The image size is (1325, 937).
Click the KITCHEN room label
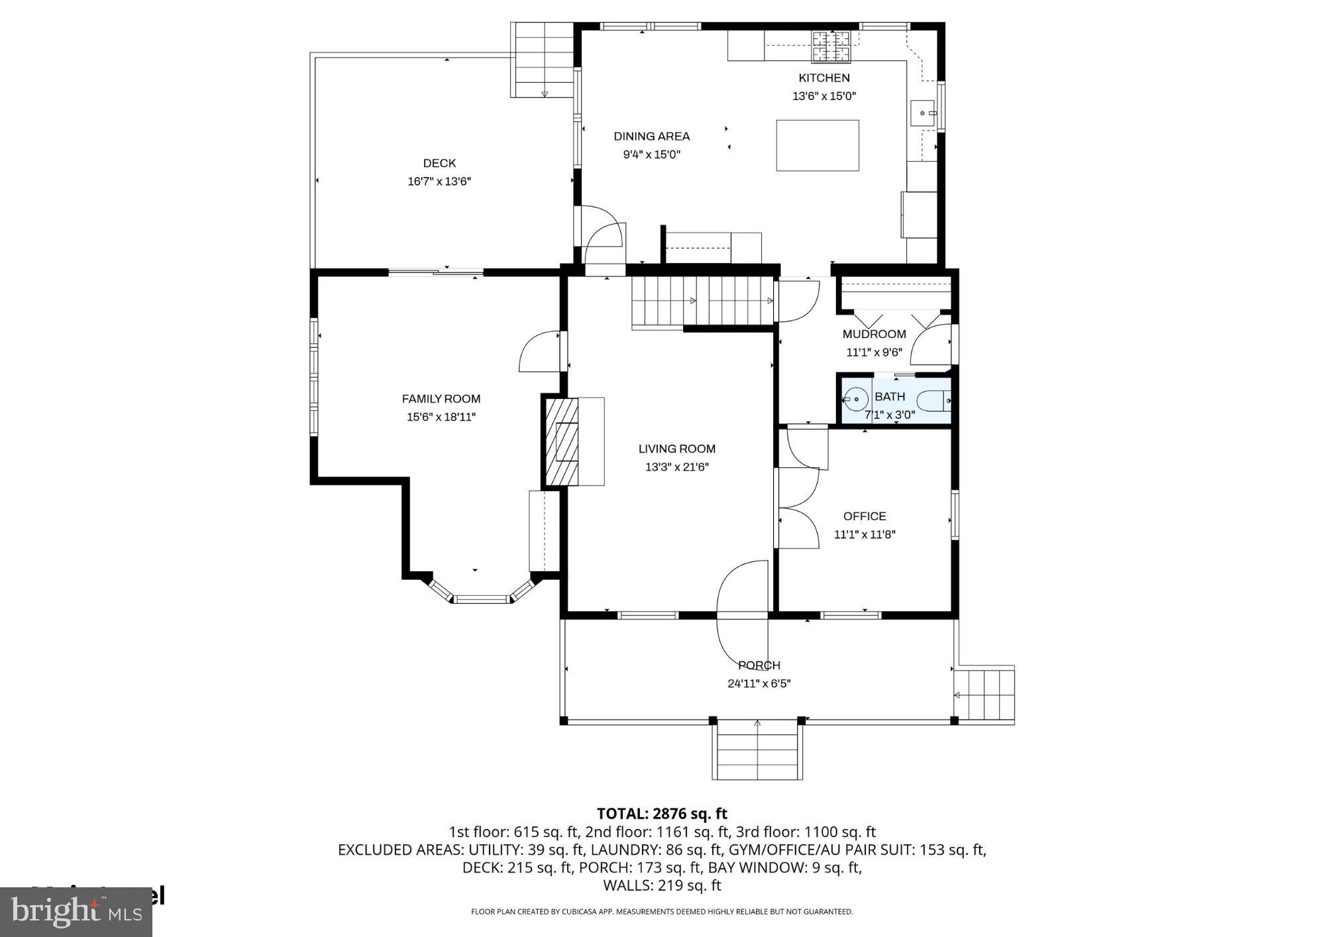823,78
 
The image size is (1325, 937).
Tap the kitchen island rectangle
817,145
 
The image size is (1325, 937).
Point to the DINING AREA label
651,137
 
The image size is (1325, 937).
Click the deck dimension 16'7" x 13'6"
439,181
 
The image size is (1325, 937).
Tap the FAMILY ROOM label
441,399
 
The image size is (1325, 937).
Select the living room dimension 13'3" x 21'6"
676,467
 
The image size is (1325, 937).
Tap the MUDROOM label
873,334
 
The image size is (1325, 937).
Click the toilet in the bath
933,401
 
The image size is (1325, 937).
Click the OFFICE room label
864,516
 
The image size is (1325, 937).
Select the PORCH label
759,665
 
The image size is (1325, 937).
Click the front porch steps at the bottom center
757,752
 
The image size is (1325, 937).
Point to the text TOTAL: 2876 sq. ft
661,813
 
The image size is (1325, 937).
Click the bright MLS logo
76,912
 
